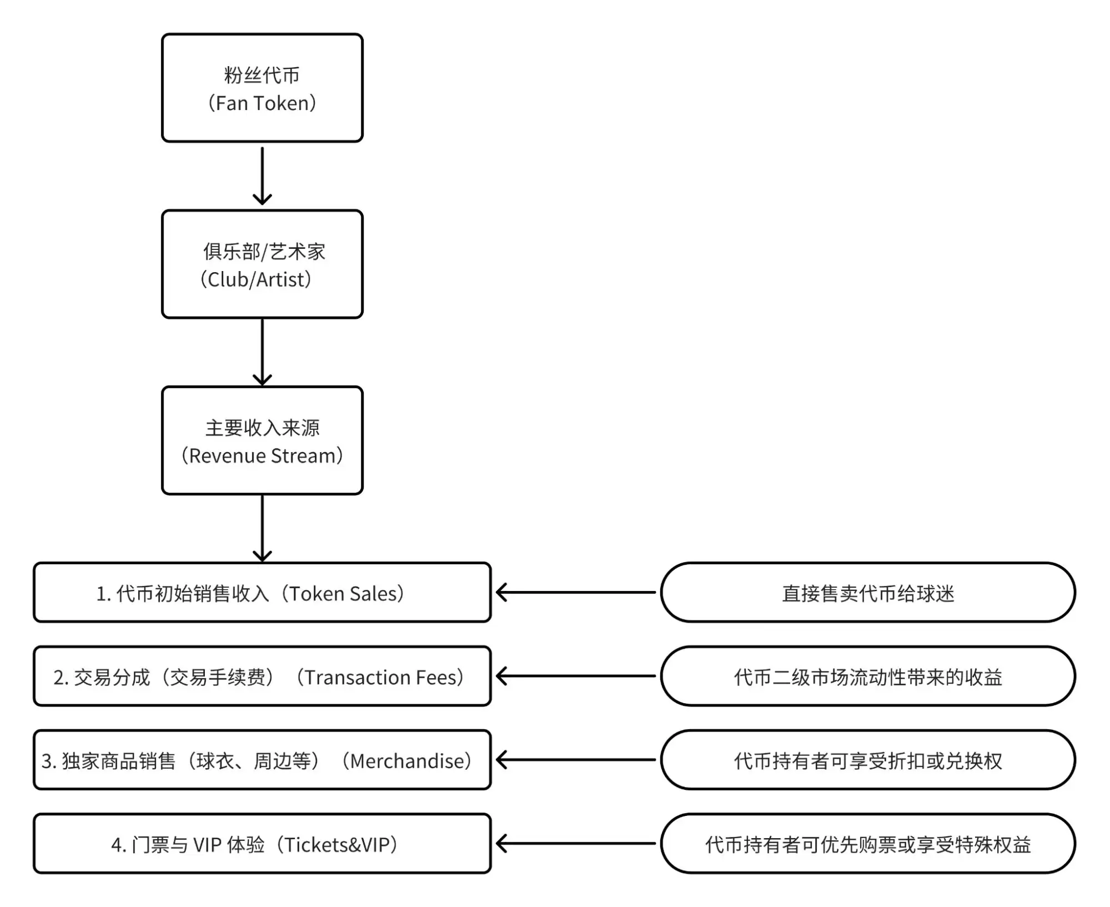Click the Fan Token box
pos(262,88)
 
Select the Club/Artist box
pos(262,264)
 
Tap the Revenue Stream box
pos(262,440)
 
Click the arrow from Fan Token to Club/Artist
pos(262,175)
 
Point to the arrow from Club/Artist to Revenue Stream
pos(262,352)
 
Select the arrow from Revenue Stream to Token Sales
pos(262,528)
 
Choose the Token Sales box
pos(262,592)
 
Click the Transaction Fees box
pos(262,676)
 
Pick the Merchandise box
pos(262,760)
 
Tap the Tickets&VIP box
pos(262,844)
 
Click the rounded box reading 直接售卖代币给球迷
pos(867,592)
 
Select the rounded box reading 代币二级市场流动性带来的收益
pos(867,676)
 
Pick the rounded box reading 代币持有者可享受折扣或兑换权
pos(867,760)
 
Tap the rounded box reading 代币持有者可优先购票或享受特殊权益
pos(867,844)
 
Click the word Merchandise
pos(410,761)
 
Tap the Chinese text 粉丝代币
pos(262,75)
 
